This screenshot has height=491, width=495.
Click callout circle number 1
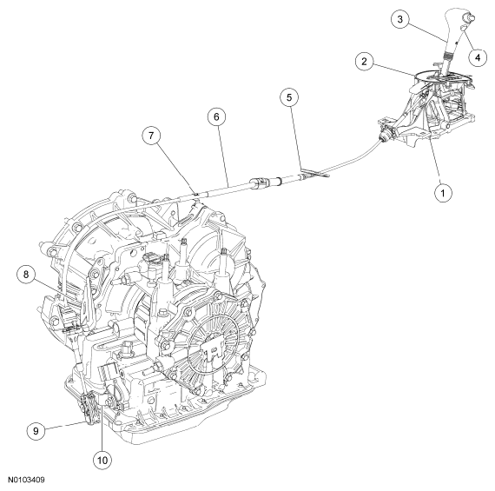(x=443, y=193)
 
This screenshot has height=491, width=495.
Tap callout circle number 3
(x=401, y=19)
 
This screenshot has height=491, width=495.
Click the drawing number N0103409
(x=29, y=479)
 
